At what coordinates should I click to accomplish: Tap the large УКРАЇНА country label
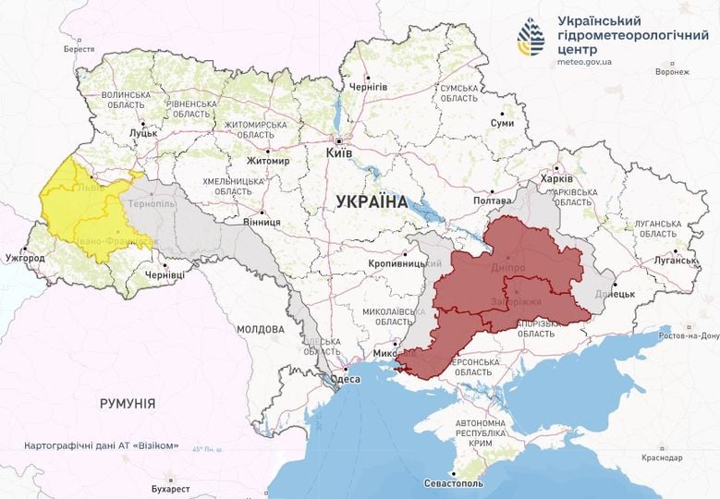[372, 201]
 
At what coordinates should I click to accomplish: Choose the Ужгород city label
[25, 257]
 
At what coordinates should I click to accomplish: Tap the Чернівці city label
[165, 275]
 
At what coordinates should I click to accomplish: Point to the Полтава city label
[492, 200]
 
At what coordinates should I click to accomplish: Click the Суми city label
[502, 123]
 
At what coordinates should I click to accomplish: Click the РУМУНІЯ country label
[128, 403]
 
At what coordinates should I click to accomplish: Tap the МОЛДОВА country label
[260, 329]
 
